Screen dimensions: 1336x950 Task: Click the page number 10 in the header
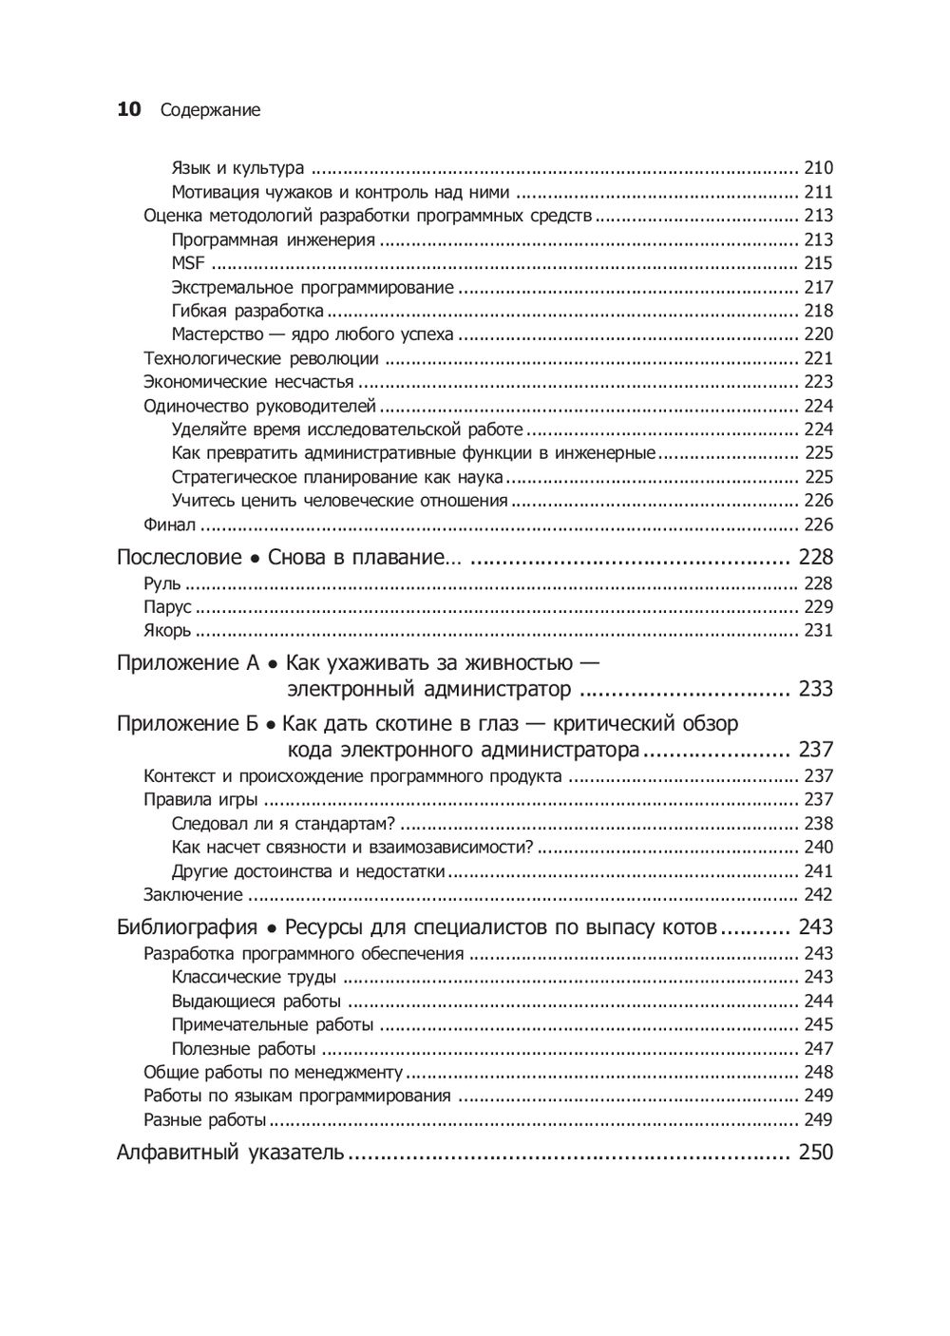pos(128,110)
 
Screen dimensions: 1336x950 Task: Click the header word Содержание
pos(210,111)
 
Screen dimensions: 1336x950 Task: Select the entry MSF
pos(188,263)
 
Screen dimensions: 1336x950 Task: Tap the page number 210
pos(818,168)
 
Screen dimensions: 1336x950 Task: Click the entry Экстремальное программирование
pos(313,287)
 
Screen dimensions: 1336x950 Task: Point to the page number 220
pos(818,334)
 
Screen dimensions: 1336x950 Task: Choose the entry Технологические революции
pos(261,358)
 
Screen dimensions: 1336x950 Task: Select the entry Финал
pos(169,525)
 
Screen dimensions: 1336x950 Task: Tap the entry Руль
pos(161,583)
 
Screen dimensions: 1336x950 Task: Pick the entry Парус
pos(167,607)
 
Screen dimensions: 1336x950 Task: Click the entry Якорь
pos(167,631)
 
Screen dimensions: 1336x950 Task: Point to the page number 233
pos(815,689)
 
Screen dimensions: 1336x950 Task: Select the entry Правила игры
pos(200,800)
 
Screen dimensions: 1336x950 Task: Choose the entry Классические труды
pos(254,977)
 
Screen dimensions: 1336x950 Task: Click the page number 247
pos(818,1049)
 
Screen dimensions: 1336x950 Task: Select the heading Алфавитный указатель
pos(229,1153)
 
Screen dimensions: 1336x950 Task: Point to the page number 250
pos(815,1153)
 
